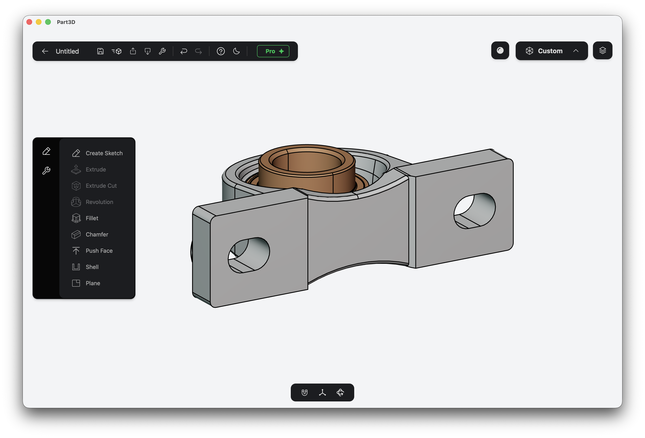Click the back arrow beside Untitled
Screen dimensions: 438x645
[x=45, y=51]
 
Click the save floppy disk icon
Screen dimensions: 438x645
[x=100, y=51]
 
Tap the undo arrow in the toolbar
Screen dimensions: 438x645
[x=183, y=51]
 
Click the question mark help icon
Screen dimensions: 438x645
[x=221, y=51]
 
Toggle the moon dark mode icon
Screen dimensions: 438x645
[x=236, y=51]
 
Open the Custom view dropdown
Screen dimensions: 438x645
[x=551, y=51]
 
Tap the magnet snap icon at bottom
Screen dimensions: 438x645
[x=304, y=392]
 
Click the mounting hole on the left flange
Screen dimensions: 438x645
[x=249, y=255]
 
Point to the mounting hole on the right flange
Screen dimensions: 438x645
[x=475, y=211]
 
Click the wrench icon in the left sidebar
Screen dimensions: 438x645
[x=46, y=170]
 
